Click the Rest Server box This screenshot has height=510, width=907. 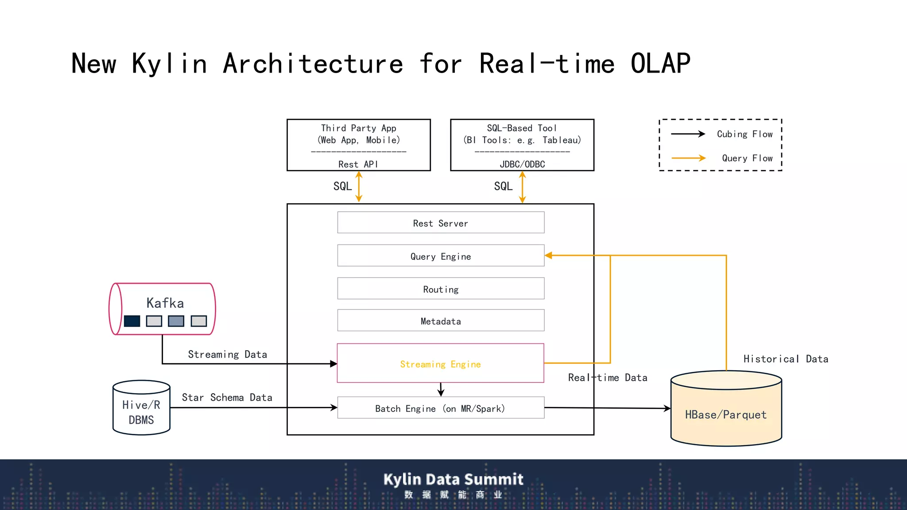coord(441,223)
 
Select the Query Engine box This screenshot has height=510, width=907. coord(441,256)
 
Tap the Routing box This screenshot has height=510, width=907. coord(441,289)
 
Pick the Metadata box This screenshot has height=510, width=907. coord(441,321)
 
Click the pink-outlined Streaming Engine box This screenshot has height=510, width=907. coord(440,363)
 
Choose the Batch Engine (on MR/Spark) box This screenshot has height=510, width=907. coord(440,408)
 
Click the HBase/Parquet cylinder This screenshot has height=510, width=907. coord(726,414)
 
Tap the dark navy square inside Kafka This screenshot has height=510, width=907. coord(132,321)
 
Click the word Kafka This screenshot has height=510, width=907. coord(165,303)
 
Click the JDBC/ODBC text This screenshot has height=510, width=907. coord(522,164)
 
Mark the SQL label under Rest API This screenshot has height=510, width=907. coord(342,186)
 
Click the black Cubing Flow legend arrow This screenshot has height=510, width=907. coord(688,134)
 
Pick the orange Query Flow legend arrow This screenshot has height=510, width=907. coord(688,158)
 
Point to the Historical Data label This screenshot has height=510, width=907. coord(786,359)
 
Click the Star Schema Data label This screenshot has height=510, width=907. coord(227,398)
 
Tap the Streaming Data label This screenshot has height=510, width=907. coord(227,354)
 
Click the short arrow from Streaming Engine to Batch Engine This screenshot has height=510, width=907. coord(441,390)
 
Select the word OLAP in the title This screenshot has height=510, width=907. coord(660,63)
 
